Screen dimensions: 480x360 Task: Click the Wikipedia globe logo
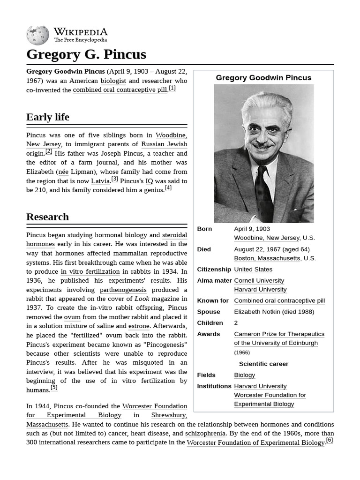37,36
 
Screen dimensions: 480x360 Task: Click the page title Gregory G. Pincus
86,54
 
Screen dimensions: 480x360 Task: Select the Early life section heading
48,117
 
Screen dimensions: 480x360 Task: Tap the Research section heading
47,217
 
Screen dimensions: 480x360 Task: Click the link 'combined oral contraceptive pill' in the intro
120,90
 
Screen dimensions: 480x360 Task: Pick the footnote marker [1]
172,88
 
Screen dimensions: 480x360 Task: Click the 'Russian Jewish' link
164,144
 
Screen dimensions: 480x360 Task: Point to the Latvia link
100,181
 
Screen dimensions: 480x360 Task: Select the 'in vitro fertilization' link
90,271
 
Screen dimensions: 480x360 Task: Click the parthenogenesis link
123,290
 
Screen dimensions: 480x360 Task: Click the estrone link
139,326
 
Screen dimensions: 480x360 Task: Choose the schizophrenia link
205,434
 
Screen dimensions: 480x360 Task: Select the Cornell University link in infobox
259,281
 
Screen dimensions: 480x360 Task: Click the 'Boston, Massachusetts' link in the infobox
267,258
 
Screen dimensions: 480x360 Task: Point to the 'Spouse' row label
209,312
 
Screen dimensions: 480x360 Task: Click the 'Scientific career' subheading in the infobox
263,364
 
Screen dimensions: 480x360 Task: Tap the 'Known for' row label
213,301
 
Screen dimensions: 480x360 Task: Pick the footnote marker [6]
330,440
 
